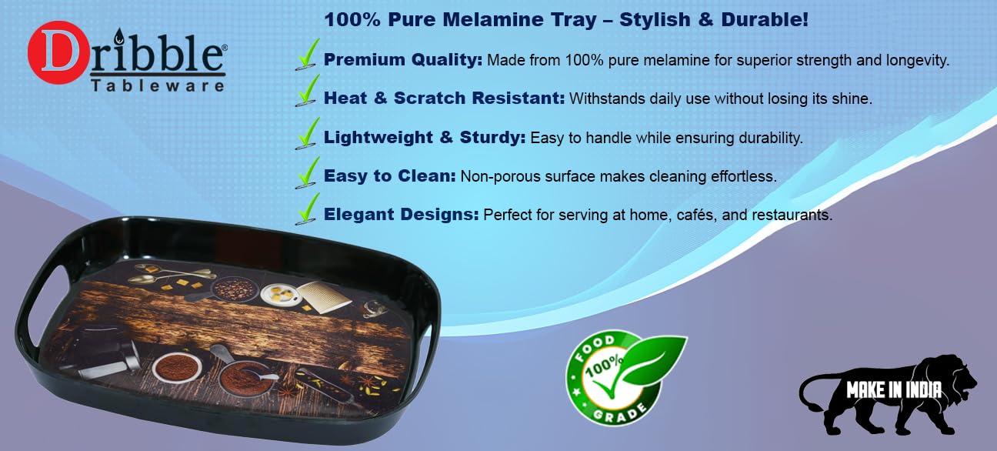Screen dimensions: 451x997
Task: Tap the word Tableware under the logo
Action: coord(158,86)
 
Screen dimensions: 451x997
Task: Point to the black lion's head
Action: coord(954,377)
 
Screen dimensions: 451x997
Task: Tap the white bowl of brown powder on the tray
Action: coord(176,366)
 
